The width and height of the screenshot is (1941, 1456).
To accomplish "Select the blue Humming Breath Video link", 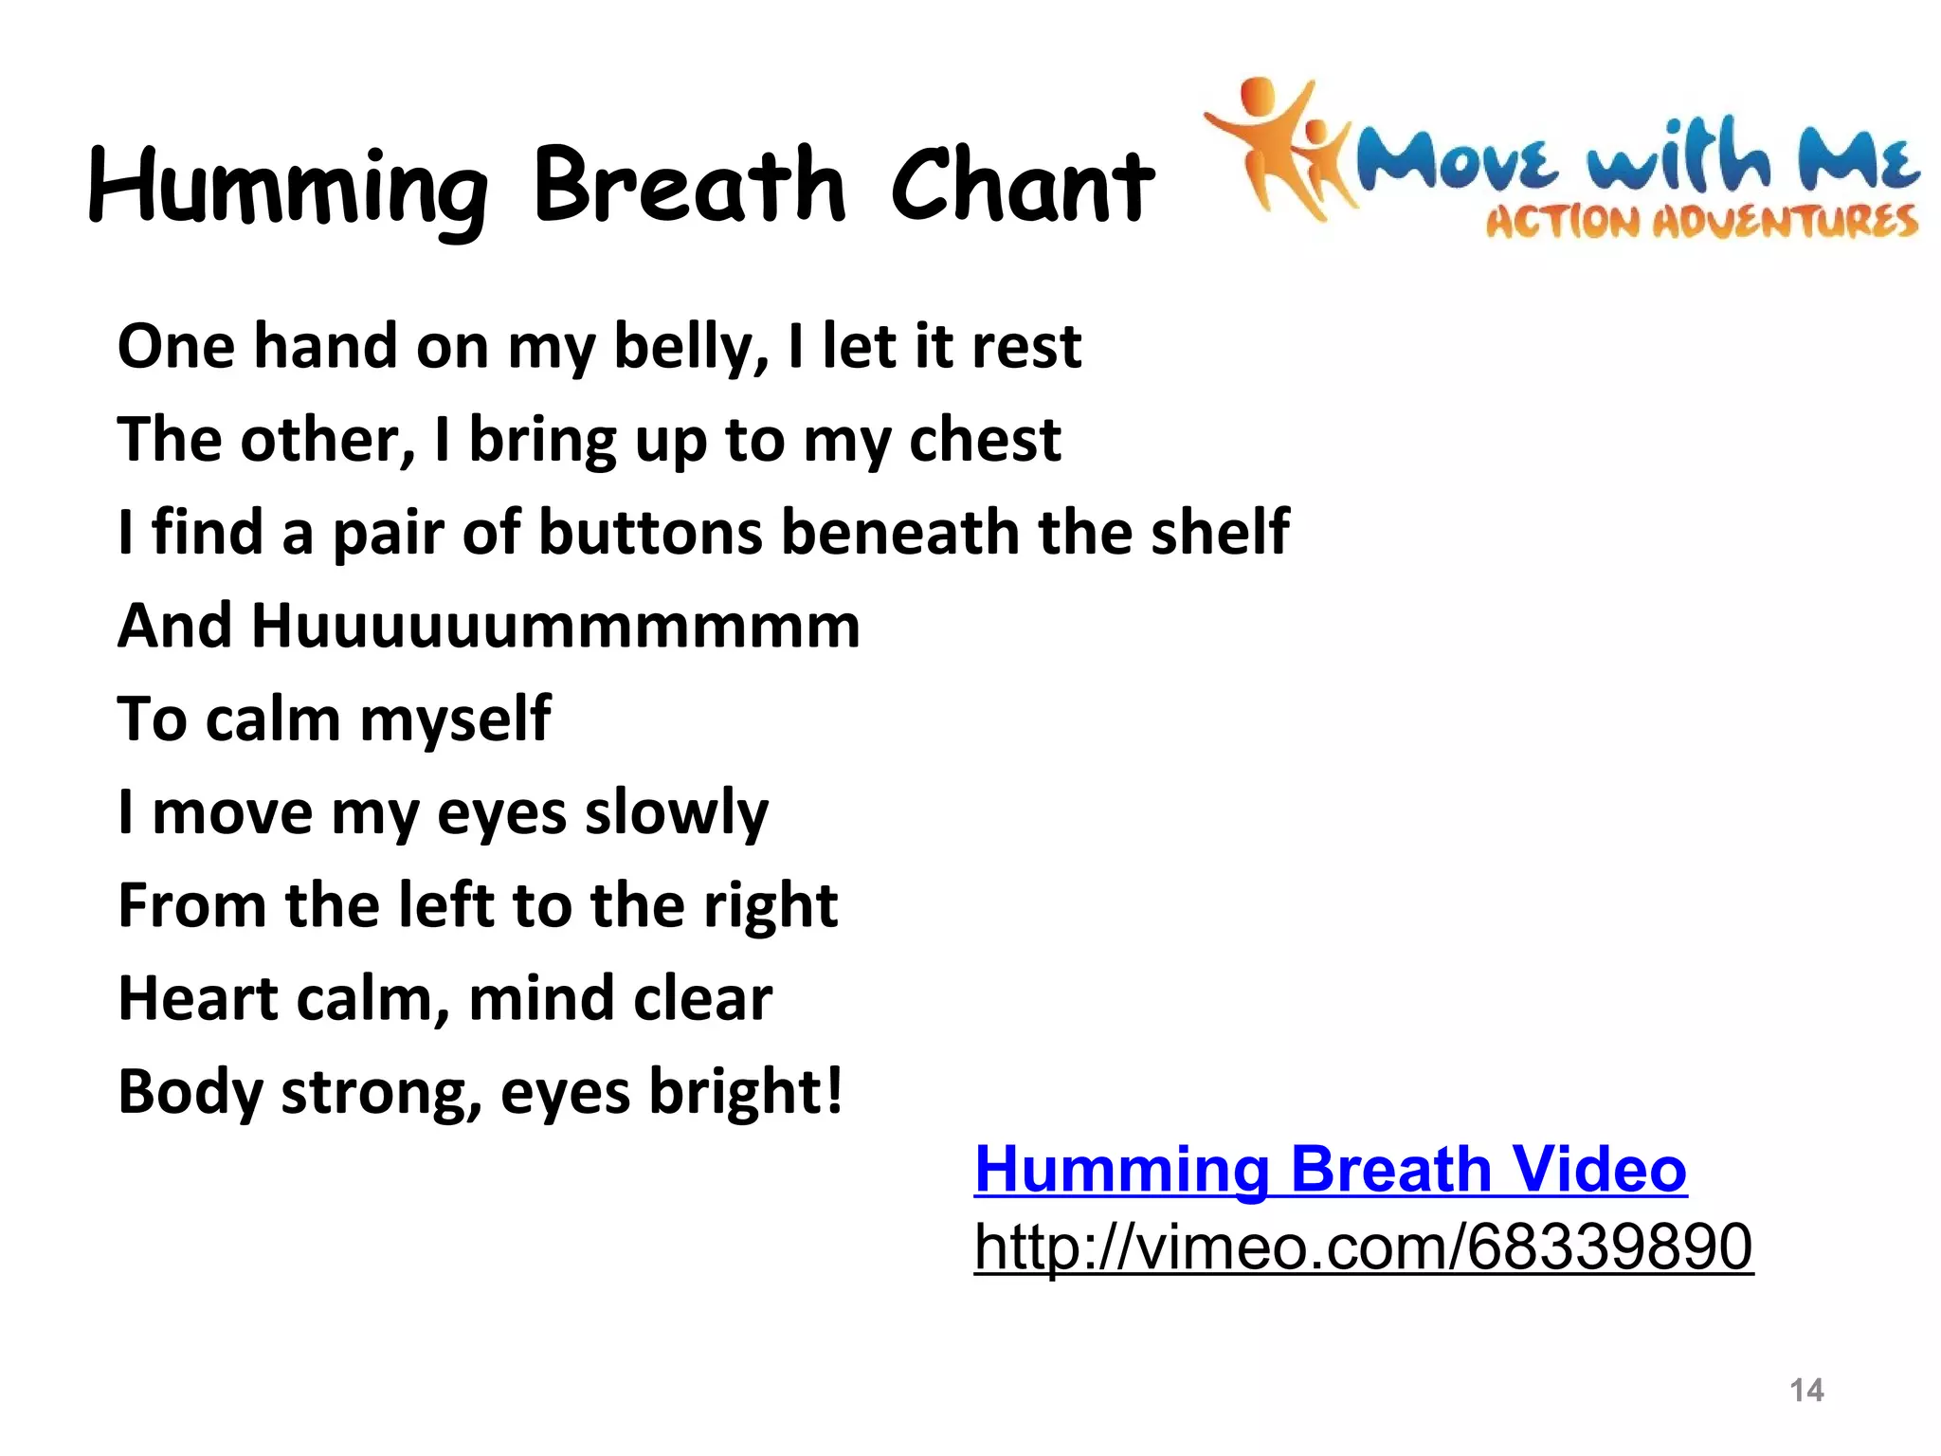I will coord(1331,1169).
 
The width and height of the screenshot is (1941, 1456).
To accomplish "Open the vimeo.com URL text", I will coord(1364,1247).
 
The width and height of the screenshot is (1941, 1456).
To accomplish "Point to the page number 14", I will coord(1806,1390).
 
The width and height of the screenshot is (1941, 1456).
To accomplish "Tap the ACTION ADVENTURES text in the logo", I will coord(1701,222).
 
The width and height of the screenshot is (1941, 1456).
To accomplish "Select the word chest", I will coord(985,440).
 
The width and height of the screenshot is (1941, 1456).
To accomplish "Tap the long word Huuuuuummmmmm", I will coord(555,627).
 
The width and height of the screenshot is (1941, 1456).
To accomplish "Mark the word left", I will coord(444,905).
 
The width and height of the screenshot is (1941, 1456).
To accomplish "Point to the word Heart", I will coord(196,999).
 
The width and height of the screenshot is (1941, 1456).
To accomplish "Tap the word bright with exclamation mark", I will coord(746,1093).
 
